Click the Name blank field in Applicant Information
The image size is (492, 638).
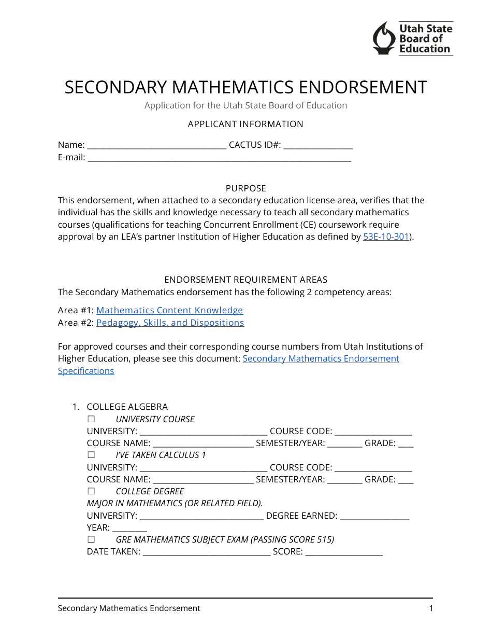pyautogui.click(x=156, y=145)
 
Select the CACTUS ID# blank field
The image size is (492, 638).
pyautogui.click(x=318, y=145)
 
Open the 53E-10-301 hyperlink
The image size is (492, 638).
pyautogui.click(x=386, y=237)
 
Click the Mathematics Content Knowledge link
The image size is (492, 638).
pyautogui.click(x=169, y=310)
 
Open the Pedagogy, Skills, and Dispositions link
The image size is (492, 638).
pyautogui.click(x=170, y=323)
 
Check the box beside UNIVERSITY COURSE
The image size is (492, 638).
pyautogui.click(x=91, y=419)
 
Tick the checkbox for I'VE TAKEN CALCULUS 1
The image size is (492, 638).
pyautogui.click(x=91, y=455)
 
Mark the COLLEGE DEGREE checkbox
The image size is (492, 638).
pyautogui.click(x=91, y=491)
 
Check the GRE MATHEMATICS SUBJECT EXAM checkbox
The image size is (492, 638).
pyautogui.click(x=91, y=539)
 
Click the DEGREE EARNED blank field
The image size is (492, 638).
pyautogui.click(x=374, y=516)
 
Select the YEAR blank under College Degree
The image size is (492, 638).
pyautogui.click(x=129, y=528)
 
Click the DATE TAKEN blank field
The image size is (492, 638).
pyautogui.click(x=206, y=552)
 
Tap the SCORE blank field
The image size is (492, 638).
pyautogui.click(x=344, y=552)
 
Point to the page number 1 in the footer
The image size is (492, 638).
pyautogui.click(x=430, y=608)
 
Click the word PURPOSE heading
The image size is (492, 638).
pyautogui.click(x=245, y=188)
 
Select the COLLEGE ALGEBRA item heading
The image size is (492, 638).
pyautogui.click(x=127, y=407)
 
